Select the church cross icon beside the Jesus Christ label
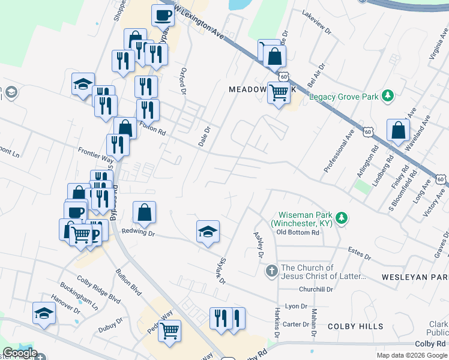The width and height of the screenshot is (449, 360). [x=271, y=272]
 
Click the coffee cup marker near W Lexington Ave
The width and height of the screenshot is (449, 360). [x=162, y=15]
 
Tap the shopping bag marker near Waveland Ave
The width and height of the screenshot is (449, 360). [x=399, y=130]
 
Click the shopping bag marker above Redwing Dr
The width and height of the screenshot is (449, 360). [x=145, y=213]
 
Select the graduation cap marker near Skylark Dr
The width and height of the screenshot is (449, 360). [x=208, y=232]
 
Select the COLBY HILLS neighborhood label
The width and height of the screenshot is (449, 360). [x=355, y=326]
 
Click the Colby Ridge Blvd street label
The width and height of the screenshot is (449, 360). [x=98, y=289]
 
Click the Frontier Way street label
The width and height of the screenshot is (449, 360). [x=95, y=155]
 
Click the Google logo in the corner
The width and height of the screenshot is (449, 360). [x=19, y=353]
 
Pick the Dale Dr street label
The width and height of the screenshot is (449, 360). [x=204, y=136]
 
